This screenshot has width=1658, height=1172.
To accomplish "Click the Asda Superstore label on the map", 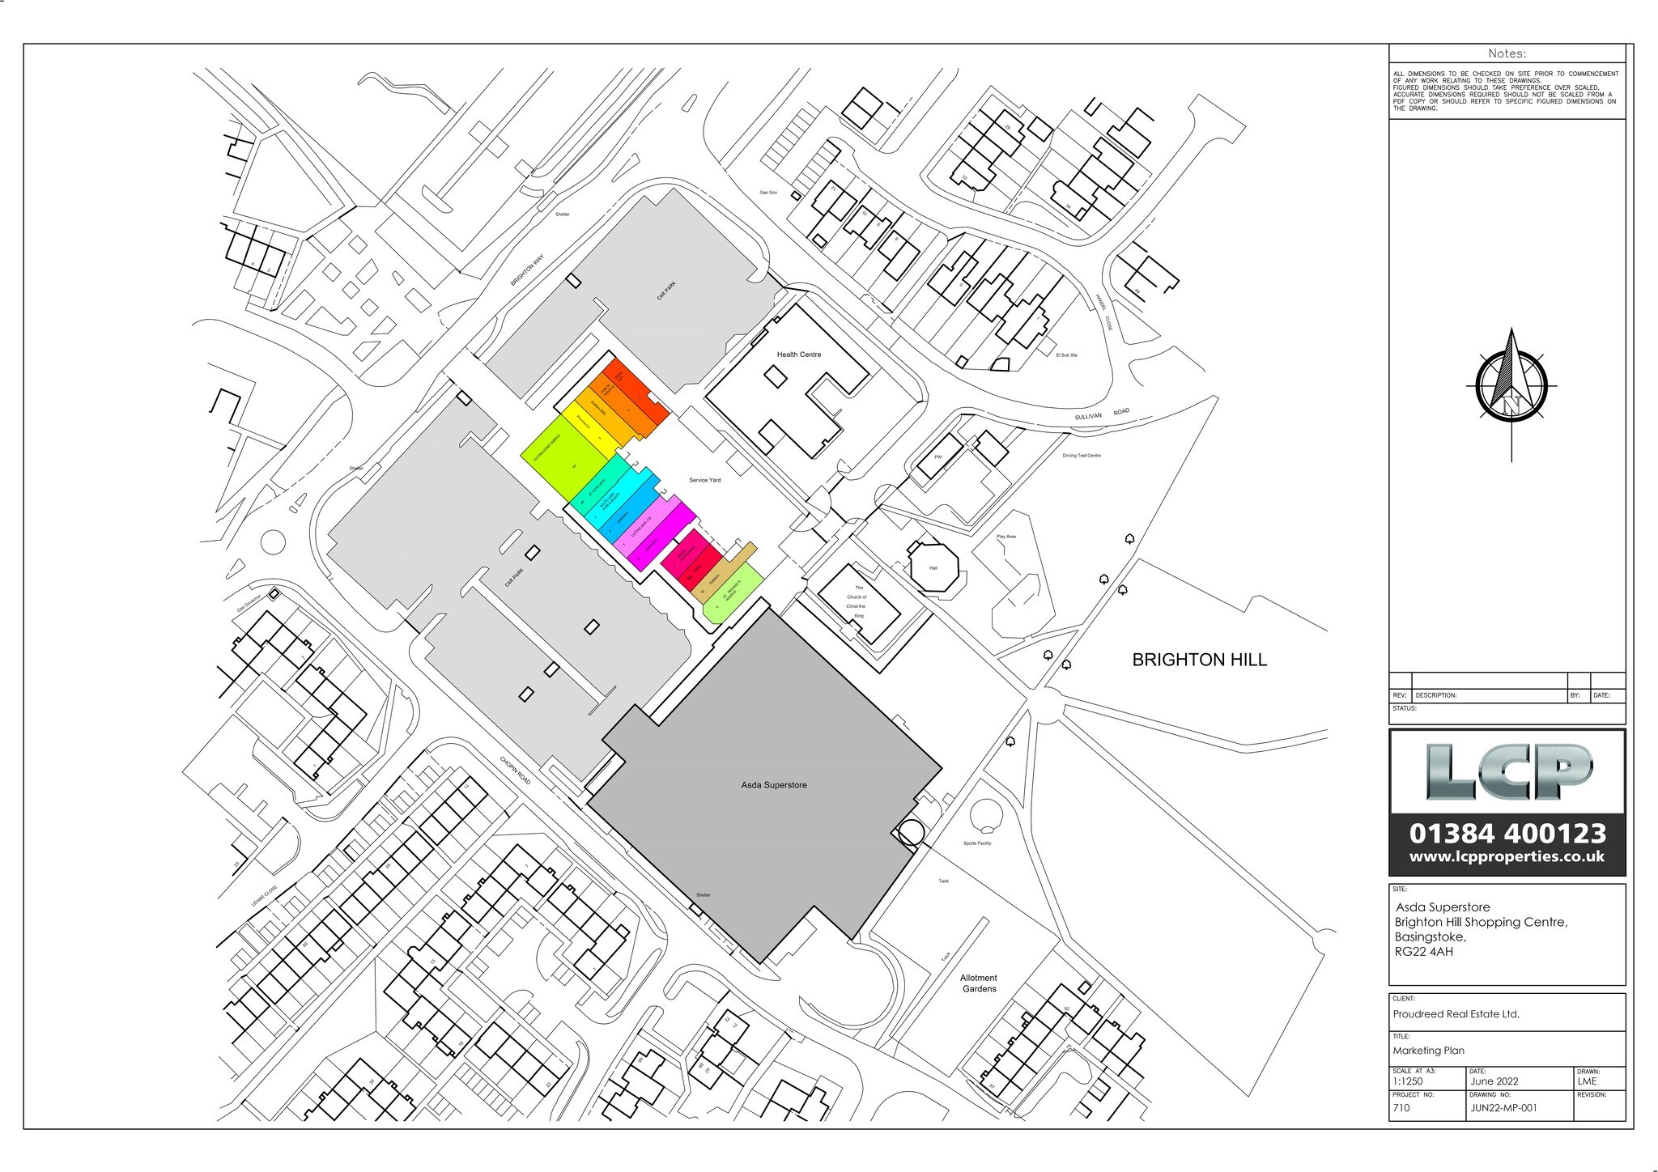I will pos(774,785).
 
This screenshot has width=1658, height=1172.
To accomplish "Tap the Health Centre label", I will pos(798,355).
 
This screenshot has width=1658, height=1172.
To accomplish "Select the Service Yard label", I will pos(704,480).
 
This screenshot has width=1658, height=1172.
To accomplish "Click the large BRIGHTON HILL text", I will pos(1199,660).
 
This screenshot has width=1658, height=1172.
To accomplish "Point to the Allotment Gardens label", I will pos(979,983).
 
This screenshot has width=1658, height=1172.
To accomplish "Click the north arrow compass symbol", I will pos(1511,387).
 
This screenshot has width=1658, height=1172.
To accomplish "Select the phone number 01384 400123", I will pos(1507,833).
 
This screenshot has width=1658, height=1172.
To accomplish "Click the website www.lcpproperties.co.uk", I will pos(1507,856).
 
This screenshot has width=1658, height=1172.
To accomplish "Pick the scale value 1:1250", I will pos(1407,1081).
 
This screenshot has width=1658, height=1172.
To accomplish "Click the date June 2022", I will pos(1494,1081).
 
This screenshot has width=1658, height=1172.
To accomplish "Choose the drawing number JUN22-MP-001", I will pos(1503,1108).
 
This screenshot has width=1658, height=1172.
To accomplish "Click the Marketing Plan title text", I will pos(1428,1051).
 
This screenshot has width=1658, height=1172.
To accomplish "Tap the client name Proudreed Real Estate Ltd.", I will pos(1456,1013).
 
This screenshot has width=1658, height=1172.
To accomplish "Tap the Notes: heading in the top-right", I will pos(1507,53).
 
